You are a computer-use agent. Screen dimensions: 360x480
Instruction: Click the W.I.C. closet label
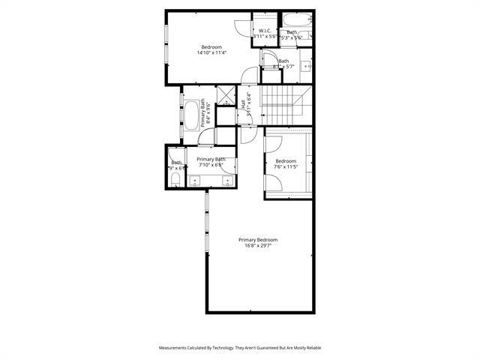265,31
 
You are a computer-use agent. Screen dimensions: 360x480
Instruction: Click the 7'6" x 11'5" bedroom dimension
286,168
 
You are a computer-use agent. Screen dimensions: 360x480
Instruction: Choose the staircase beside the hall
280,100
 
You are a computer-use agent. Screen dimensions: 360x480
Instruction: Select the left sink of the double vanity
195,179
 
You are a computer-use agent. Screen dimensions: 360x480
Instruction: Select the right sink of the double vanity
227,179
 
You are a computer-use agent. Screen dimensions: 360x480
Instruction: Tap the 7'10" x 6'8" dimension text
211,166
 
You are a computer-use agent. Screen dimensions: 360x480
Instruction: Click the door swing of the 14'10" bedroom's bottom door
247,74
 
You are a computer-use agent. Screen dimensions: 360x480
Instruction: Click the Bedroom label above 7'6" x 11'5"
286,161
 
